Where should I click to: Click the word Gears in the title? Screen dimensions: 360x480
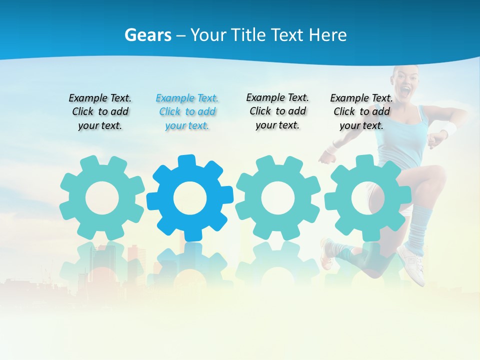click(x=148, y=35)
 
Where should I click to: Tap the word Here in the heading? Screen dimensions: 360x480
click(x=327, y=35)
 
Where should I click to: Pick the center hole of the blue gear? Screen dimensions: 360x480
click(x=190, y=198)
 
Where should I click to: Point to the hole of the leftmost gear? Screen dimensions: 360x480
click(x=102, y=198)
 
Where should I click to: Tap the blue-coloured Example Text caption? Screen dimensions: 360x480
click(x=187, y=112)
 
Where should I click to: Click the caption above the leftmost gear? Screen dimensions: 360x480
click(x=100, y=112)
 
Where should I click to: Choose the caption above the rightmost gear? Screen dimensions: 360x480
click(x=361, y=112)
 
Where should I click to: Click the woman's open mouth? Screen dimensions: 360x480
click(x=406, y=91)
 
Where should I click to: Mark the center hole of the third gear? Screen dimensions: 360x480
click(x=278, y=198)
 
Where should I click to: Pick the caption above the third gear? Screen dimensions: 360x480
click(x=277, y=111)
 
